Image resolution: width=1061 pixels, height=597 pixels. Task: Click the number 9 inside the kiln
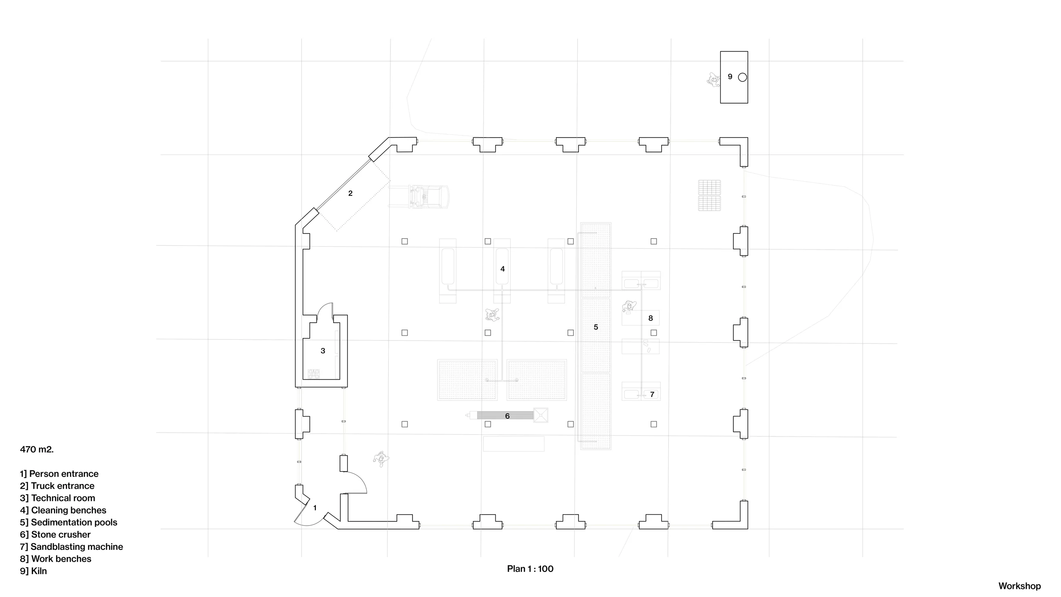pos(730,77)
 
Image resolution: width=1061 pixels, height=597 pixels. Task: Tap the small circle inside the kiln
pos(742,77)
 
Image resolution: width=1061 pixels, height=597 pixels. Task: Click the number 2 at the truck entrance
pos(350,193)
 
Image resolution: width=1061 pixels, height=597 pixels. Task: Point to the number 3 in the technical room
pos(323,351)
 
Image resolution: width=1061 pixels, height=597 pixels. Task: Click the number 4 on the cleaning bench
pos(502,269)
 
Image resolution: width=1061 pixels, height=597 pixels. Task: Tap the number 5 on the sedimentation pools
pos(596,327)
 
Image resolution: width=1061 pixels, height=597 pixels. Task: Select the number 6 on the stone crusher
pos(507,416)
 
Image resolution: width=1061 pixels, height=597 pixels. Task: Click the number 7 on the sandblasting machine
pos(652,394)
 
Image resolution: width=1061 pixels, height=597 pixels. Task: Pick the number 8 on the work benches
pos(651,318)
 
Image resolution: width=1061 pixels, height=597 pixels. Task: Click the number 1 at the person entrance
pos(315,508)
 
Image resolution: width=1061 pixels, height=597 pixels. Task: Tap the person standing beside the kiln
pos(713,79)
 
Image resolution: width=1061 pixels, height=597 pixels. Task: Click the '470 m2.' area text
pos(37,449)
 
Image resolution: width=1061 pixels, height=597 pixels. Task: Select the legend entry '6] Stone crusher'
pos(55,535)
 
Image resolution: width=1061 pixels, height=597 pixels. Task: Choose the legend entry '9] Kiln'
pos(34,571)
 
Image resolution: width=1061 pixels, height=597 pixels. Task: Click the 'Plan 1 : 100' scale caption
pos(530,569)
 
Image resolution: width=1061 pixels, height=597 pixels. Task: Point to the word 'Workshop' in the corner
pos(1019,586)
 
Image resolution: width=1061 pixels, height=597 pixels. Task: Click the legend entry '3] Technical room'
pos(57,498)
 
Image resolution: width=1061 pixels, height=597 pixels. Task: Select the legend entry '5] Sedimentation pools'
pos(68,522)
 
